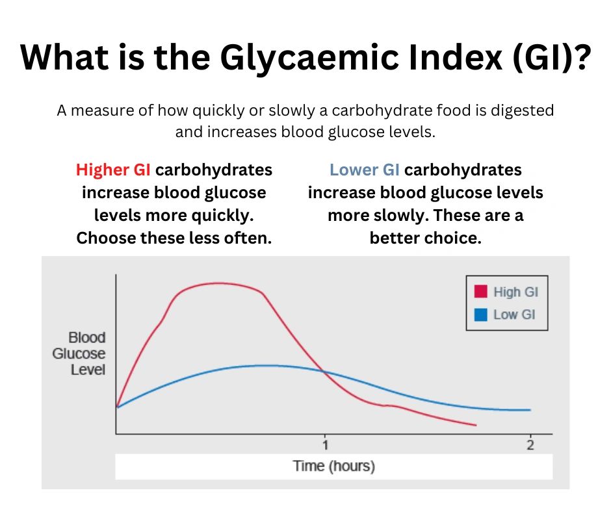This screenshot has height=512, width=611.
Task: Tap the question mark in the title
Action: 580,59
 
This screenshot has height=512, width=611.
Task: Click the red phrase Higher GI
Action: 113,170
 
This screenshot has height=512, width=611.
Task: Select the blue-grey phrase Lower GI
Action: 364,170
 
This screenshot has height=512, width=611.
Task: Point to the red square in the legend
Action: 482,292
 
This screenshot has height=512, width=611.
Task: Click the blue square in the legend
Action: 482,314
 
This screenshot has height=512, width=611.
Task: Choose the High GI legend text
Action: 516,292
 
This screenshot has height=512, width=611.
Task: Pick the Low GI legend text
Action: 514,314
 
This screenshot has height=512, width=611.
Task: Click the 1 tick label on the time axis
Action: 326,445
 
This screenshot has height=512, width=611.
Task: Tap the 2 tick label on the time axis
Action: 530,445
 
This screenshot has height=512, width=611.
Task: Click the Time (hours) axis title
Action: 334,466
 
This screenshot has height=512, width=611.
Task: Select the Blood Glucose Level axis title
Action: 87,354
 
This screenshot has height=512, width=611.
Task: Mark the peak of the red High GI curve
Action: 218,283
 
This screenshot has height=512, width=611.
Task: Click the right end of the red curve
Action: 475,425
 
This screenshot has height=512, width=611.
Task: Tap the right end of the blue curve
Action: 530,410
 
